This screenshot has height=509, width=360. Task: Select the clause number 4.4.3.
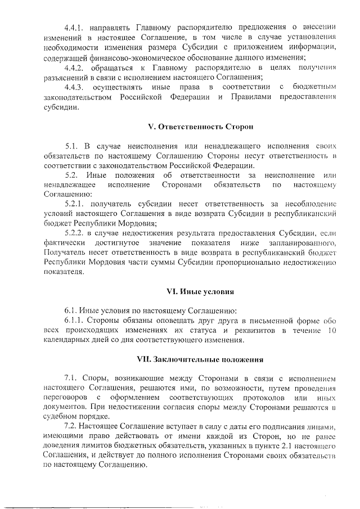[x=75, y=87]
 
